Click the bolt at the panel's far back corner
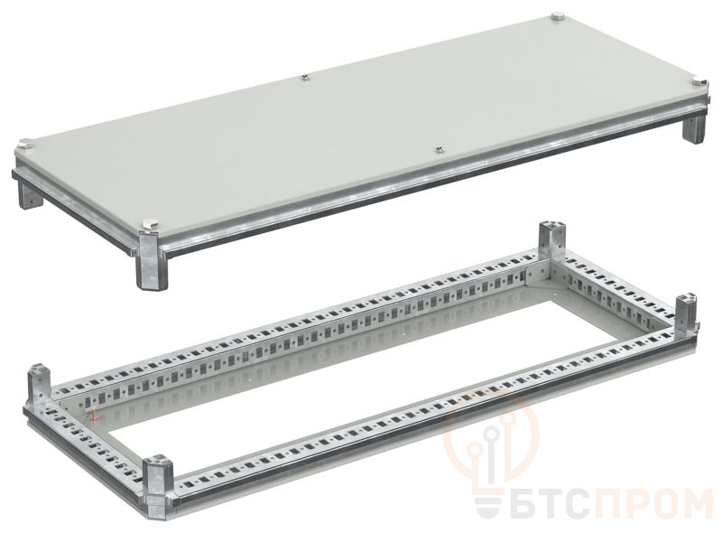pos(558,18)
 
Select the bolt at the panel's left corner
pos(23,145)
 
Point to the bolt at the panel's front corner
pos(149,225)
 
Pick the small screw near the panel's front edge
pos(439,148)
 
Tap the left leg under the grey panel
pos(29,195)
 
